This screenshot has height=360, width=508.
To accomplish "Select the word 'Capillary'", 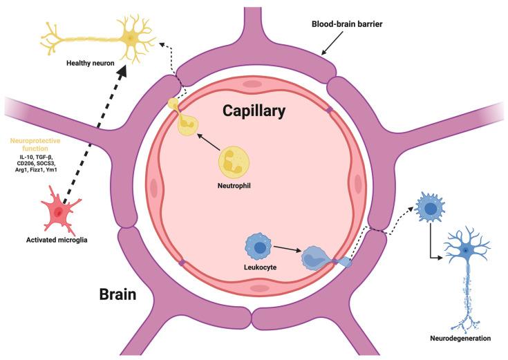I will [254, 110].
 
